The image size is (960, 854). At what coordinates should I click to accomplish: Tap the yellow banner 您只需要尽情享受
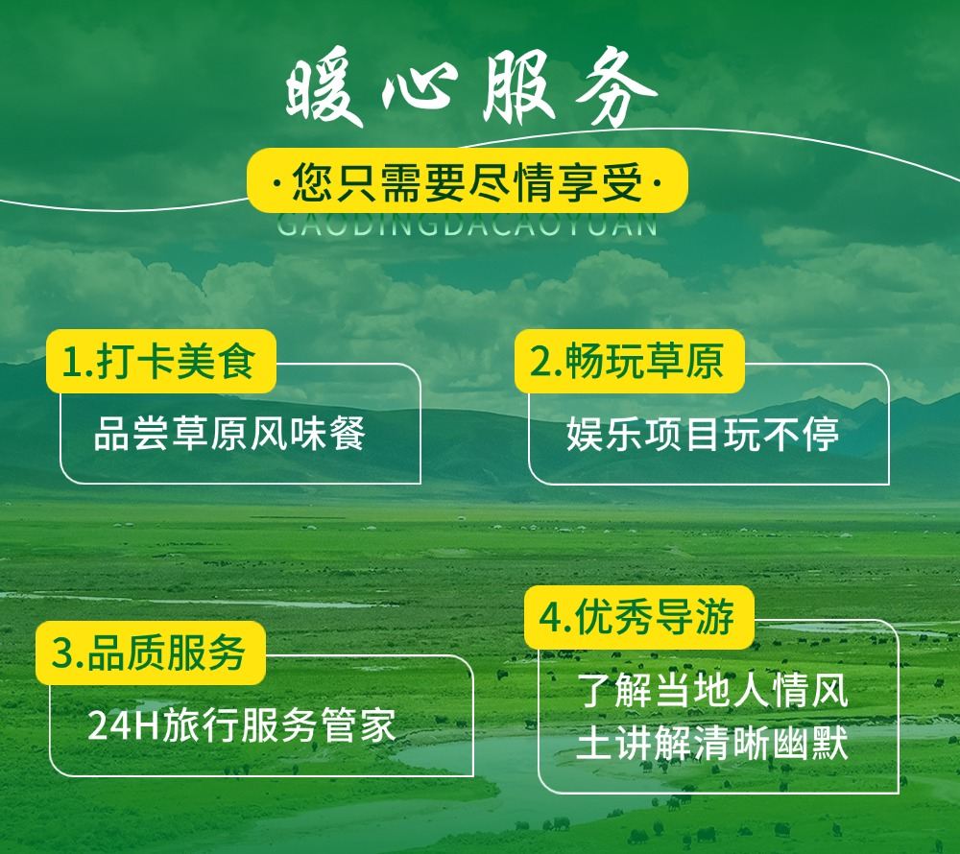(x=468, y=181)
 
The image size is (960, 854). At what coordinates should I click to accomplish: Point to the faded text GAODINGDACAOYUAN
(x=468, y=225)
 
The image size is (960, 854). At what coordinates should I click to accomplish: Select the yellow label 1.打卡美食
(x=160, y=361)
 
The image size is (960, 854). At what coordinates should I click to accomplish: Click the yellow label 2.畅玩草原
(x=630, y=361)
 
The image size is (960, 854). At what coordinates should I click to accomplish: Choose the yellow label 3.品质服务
(x=151, y=652)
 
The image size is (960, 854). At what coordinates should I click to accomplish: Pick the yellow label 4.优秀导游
(x=638, y=617)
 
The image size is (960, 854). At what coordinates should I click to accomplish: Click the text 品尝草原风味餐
(x=229, y=434)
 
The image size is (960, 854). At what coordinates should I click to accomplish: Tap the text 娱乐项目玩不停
(x=703, y=434)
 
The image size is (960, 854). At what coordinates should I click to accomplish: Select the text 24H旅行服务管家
(x=242, y=725)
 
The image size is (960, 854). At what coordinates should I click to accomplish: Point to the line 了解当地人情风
(x=712, y=691)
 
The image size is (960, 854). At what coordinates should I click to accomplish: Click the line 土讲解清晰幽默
(x=712, y=744)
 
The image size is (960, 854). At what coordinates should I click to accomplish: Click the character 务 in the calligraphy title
(x=614, y=87)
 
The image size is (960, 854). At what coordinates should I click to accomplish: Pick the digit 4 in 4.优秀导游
(x=548, y=618)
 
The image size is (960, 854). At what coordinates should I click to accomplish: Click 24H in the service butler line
(x=123, y=726)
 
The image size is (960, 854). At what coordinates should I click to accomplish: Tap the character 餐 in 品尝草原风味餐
(x=348, y=434)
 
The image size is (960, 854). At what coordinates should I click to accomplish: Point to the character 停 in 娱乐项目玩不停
(x=821, y=434)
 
